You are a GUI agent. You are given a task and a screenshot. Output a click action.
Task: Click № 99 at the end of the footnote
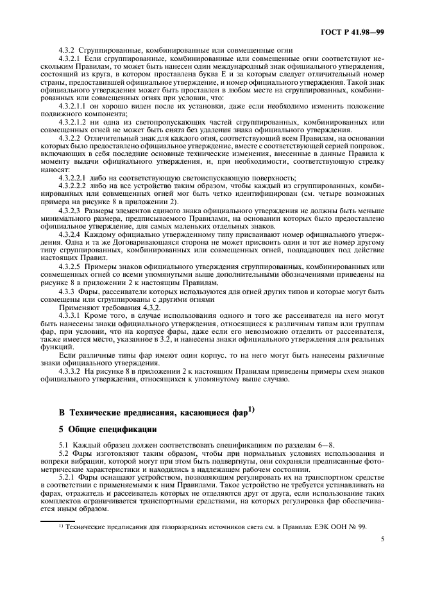click(359, 526)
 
